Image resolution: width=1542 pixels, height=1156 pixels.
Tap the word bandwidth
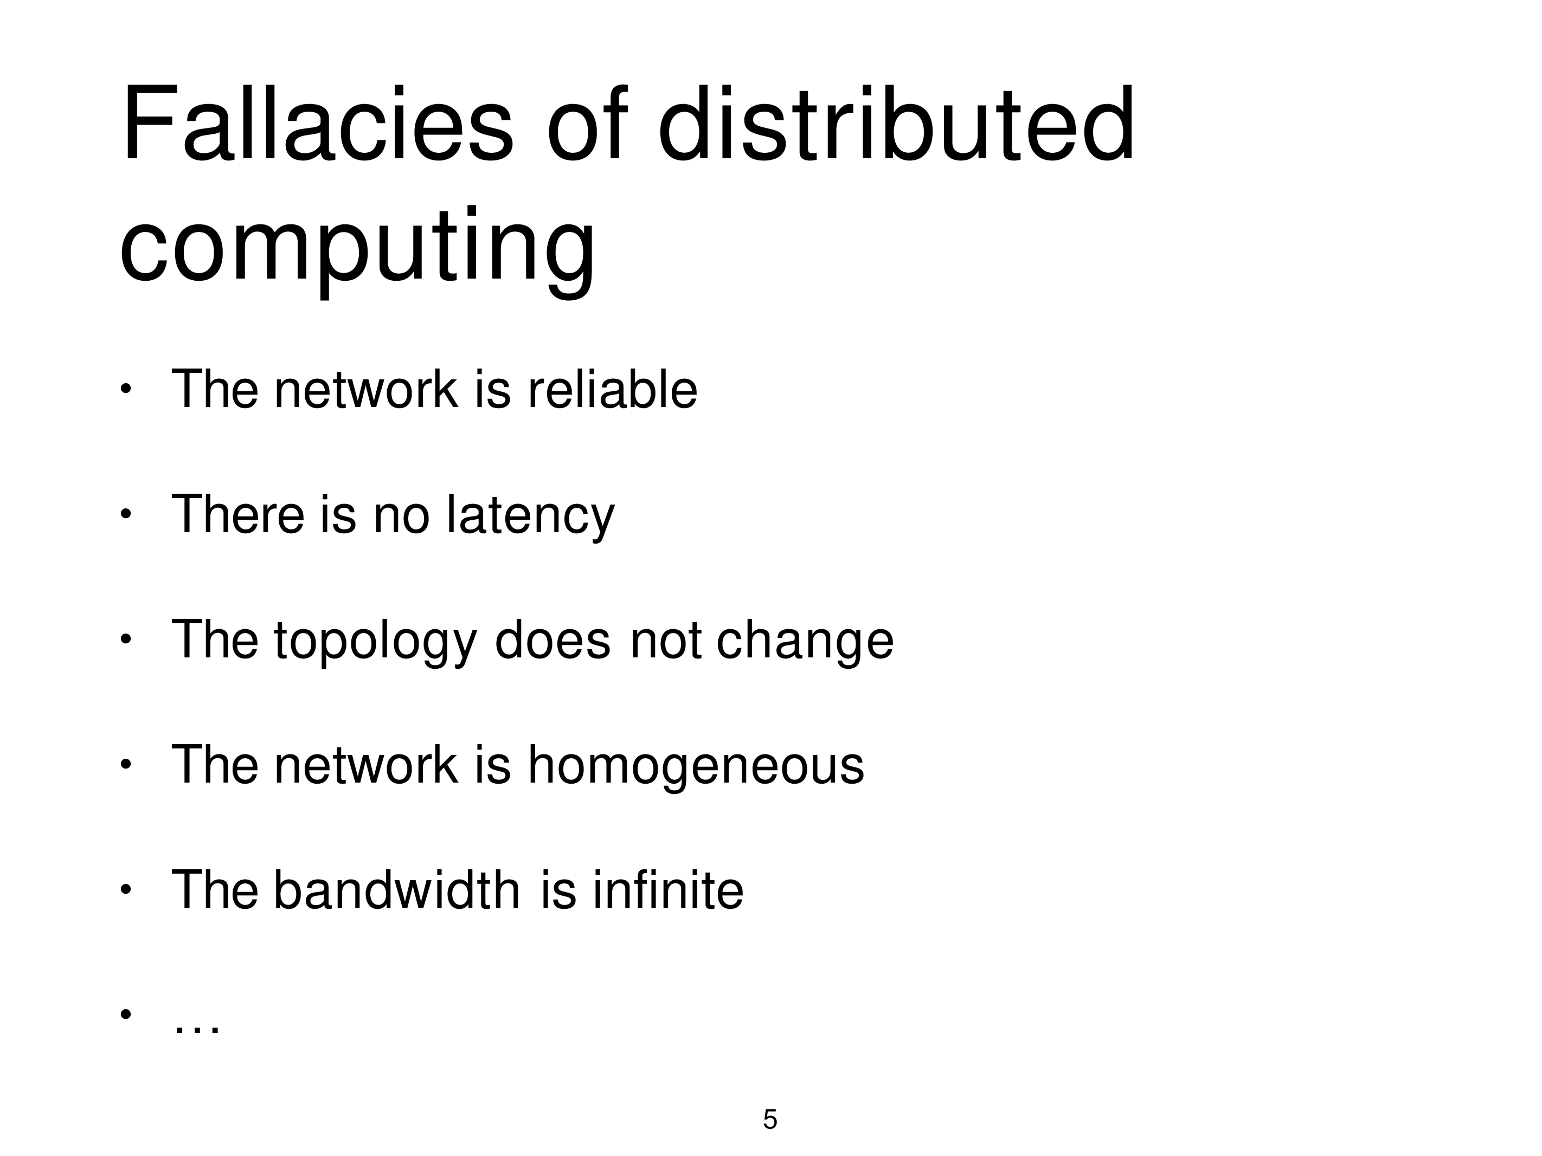coord(396,890)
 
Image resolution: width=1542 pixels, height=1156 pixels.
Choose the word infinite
coord(669,890)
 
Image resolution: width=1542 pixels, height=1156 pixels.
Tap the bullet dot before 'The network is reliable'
coord(125,390)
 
